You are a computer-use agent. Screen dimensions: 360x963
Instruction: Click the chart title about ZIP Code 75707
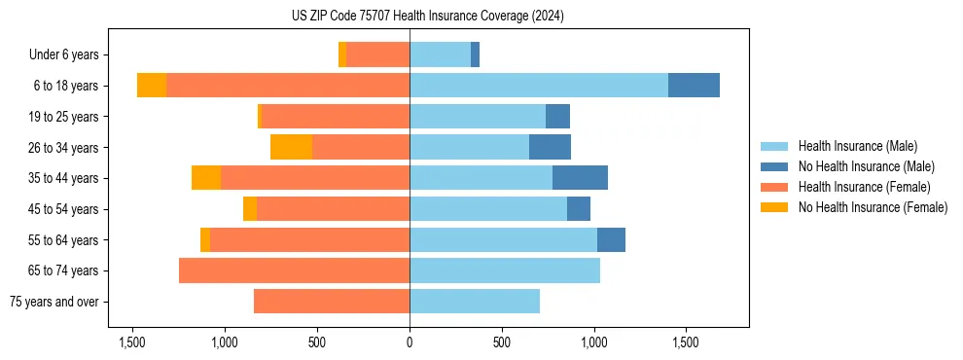[x=428, y=17]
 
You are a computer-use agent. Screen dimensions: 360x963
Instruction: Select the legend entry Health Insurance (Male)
[x=857, y=146]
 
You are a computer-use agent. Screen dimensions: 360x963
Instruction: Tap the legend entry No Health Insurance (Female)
[x=873, y=207]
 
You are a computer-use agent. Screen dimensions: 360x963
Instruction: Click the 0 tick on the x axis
[x=410, y=342]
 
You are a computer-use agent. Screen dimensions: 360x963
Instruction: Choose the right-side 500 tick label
[x=502, y=342]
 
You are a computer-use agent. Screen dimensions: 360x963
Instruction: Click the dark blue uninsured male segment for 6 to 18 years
[x=694, y=86]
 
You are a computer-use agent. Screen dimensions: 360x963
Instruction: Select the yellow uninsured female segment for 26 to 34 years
[x=291, y=147]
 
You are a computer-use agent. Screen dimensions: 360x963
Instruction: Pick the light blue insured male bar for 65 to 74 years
[x=505, y=270]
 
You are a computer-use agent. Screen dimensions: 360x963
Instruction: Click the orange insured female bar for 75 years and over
[x=332, y=302]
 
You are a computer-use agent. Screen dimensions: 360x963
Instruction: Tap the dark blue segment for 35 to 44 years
[x=580, y=178]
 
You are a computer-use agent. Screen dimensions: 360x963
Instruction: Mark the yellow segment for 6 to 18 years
[x=152, y=86]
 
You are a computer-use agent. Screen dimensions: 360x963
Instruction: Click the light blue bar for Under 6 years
[x=440, y=55]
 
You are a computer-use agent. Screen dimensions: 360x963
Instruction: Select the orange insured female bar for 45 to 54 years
[x=333, y=209]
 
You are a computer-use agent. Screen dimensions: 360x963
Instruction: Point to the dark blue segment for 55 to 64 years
[x=611, y=239]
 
